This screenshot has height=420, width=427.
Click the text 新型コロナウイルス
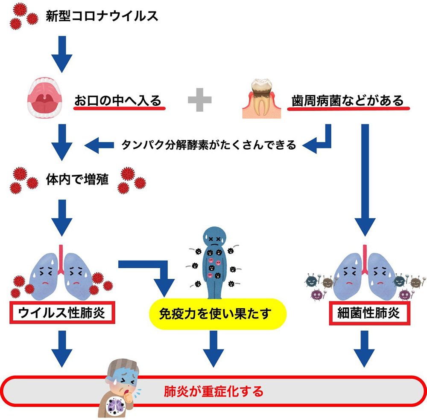click(x=102, y=17)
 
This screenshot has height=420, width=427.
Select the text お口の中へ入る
click(x=118, y=101)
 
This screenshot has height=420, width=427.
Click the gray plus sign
click(x=200, y=101)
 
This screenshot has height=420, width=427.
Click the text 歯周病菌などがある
click(x=348, y=101)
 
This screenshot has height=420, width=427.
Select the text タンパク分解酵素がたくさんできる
click(x=209, y=145)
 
